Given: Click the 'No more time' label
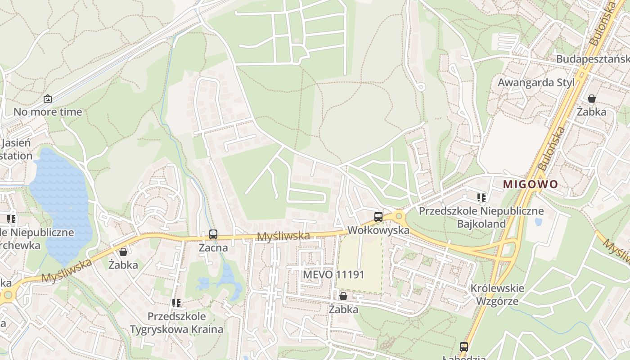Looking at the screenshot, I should click(x=48, y=112).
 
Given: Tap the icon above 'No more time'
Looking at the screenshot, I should click(x=48, y=99).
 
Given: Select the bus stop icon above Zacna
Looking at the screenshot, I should click(x=213, y=234).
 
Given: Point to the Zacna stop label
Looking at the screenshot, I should click(x=213, y=248).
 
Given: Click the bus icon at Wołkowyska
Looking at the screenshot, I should click(x=378, y=217).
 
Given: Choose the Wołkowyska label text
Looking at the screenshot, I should click(x=378, y=230).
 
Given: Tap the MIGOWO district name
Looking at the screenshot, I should click(x=530, y=184).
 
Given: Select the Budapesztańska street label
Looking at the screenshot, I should click(x=592, y=59).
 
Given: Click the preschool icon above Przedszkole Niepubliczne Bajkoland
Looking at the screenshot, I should click(x=481, y=197).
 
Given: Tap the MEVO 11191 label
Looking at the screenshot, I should click(x=333, y=274).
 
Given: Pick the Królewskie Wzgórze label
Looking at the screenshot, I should click(x=497, y=294).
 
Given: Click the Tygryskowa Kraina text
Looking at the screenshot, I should click(x=176, y=329).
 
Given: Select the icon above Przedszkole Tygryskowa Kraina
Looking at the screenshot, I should click(x=176, y=303).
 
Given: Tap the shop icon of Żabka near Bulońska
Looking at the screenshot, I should click(x=592, y=99).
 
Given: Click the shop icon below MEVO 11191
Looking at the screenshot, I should click(x=343, y=296).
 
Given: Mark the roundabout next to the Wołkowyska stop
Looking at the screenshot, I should click(x=399, y=217).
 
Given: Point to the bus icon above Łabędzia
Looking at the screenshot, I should click(x=464, y=347).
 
